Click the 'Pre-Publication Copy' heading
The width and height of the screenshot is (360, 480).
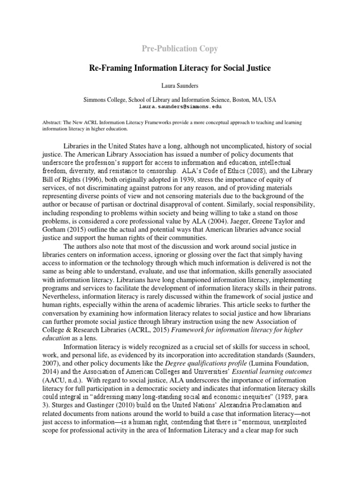pos(180,48)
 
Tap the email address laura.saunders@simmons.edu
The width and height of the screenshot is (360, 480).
pos(180,106)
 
